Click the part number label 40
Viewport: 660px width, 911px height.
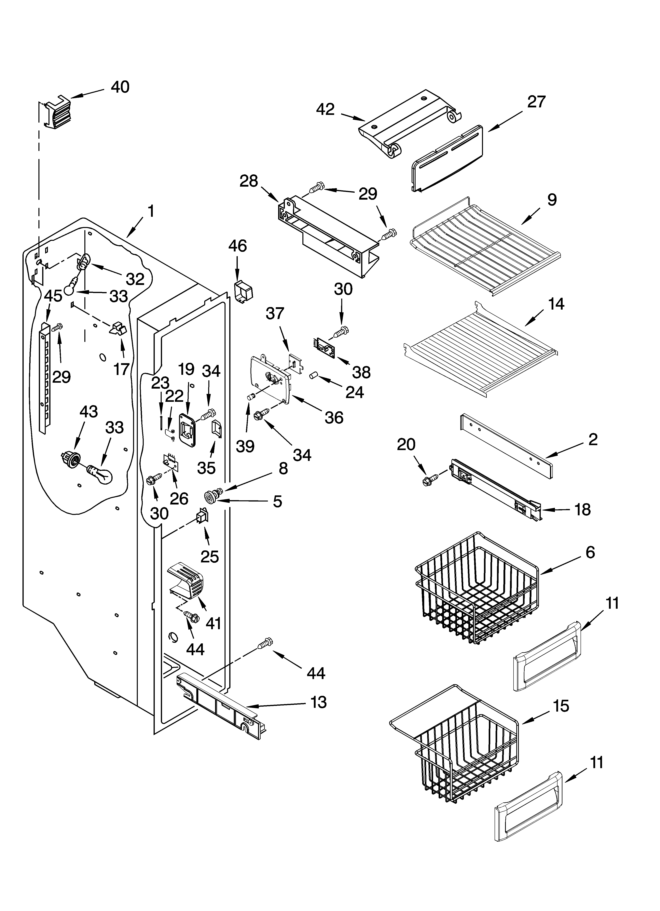coord(120,87)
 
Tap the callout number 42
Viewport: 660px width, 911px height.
coord(325,109)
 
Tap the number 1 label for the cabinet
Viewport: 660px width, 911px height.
coord(151,211)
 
